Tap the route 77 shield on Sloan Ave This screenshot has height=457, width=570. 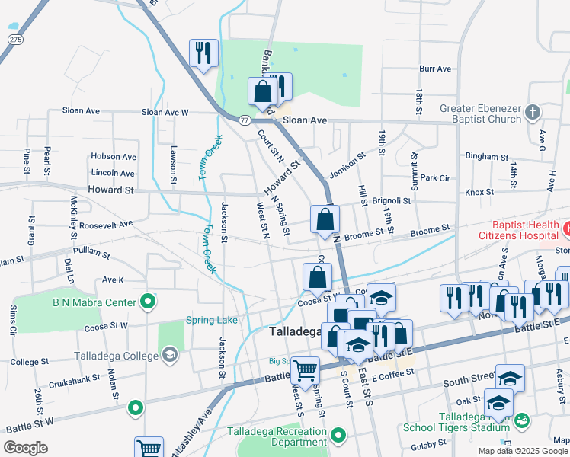244,120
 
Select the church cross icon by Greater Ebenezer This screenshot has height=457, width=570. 532,113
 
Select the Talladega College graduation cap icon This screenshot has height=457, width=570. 169,354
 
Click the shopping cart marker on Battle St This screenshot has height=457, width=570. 305,370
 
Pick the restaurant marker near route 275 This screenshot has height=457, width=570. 203,53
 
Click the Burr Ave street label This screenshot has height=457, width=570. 435,69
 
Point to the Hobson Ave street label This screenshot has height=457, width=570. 113,157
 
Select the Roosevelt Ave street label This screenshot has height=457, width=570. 106,225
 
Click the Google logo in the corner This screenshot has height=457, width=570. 26,448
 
